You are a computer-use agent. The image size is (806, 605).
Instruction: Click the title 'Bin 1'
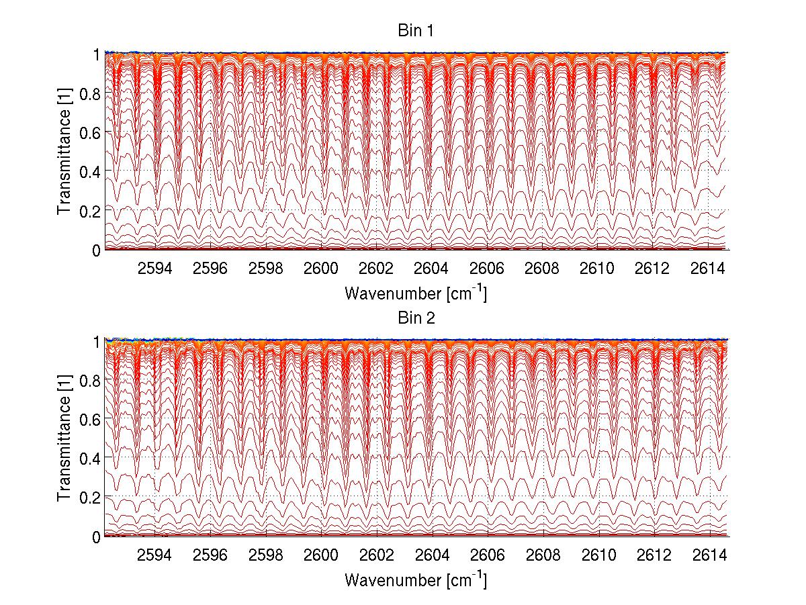(x=416, y=31)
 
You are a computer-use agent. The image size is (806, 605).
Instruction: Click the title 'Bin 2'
(x=416, y=318)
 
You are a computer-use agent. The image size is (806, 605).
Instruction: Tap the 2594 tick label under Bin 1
(x=154, y=269)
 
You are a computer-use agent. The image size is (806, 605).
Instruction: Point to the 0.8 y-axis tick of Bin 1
(x=89, y=94)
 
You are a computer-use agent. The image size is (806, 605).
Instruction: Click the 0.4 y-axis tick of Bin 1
(x=89, y=172)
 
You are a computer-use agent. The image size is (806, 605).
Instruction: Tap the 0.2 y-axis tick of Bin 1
(x=89, y=211)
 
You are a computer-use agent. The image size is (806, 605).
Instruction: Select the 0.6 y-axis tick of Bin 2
(x=89, y=420)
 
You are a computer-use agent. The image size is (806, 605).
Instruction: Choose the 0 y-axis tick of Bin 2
(x=97, y=537)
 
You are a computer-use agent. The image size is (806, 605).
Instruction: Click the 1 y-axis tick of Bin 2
(x=97, y=341)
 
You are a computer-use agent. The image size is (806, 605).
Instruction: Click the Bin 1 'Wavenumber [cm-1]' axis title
(x=416, y=293)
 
